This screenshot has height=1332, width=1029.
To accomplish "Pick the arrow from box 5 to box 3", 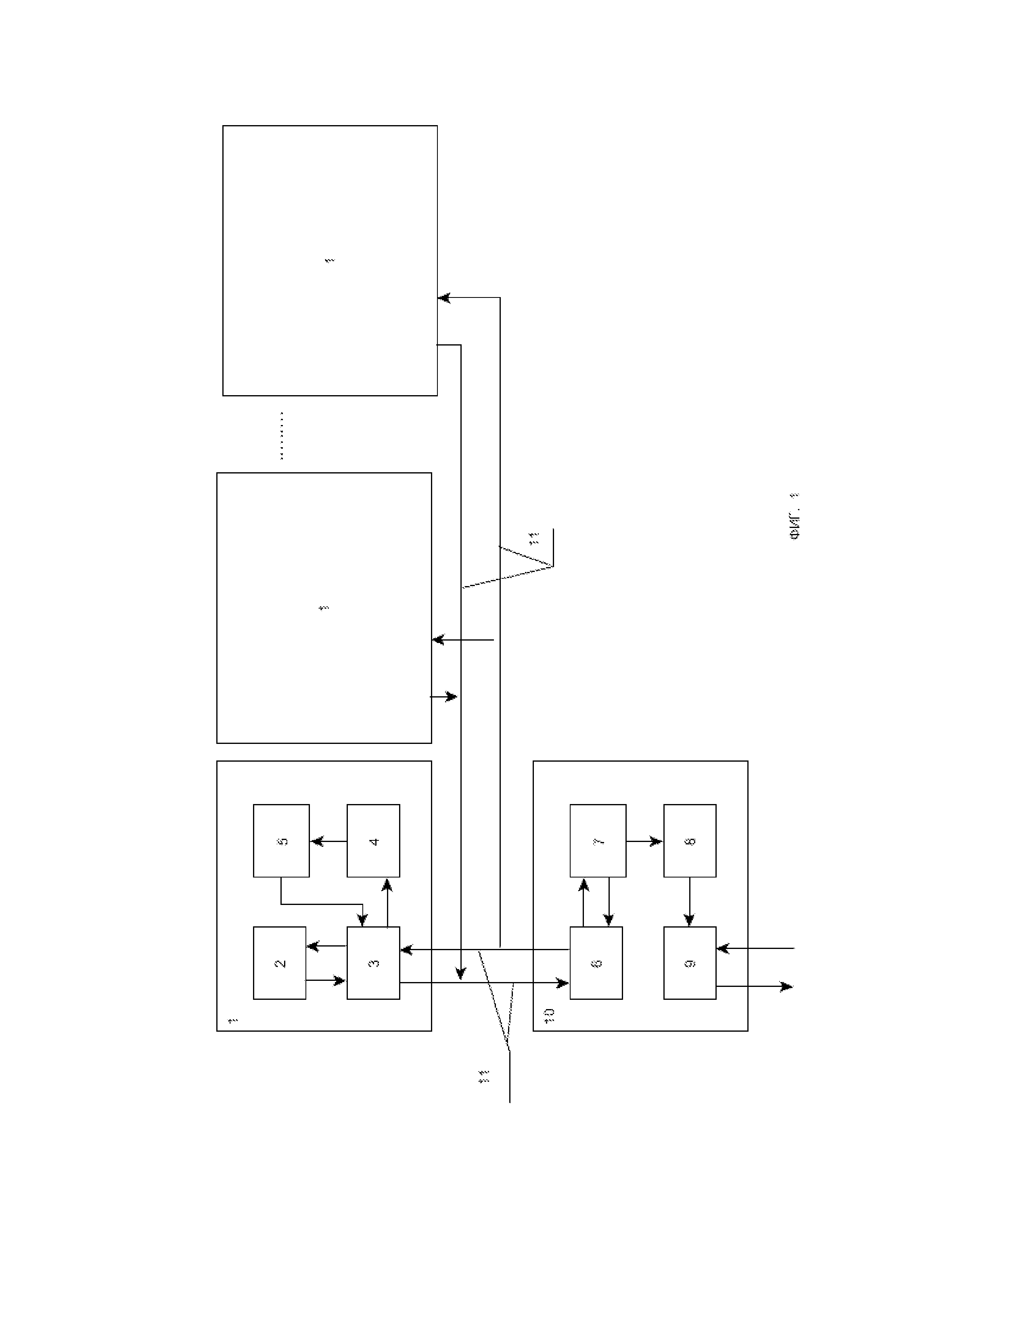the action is [x=323, y=904].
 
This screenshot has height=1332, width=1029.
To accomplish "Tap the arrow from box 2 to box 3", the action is [x=326, y=980].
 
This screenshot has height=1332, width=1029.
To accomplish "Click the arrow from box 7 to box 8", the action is [x=644, y=842].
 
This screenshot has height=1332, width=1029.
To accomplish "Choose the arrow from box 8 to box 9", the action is [x=690, y=902].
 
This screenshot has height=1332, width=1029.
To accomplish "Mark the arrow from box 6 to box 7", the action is [x=584, y=903].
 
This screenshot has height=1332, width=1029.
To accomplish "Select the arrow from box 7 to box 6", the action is [x=609, y=903].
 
